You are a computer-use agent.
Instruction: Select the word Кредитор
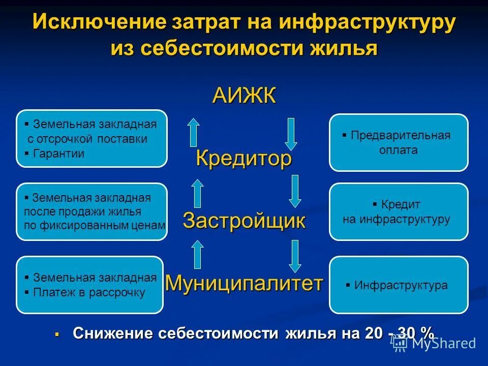244,159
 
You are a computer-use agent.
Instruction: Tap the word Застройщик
244,221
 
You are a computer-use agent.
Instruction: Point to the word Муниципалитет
244,283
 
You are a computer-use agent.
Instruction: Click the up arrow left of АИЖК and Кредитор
193,132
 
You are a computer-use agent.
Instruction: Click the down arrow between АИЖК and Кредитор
291,133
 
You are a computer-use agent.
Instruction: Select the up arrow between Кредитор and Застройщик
197,193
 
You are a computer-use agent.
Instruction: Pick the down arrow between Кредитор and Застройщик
295,190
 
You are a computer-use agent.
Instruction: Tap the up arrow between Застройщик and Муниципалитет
197,254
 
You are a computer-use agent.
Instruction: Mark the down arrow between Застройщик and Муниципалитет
295,255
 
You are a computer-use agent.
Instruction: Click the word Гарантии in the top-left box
58,154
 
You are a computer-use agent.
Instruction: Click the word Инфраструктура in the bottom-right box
401,285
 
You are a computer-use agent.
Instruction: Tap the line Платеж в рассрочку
89,292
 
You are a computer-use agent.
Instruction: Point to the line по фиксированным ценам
95,225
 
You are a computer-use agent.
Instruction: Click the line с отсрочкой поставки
87,139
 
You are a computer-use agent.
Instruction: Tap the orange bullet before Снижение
57,334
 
